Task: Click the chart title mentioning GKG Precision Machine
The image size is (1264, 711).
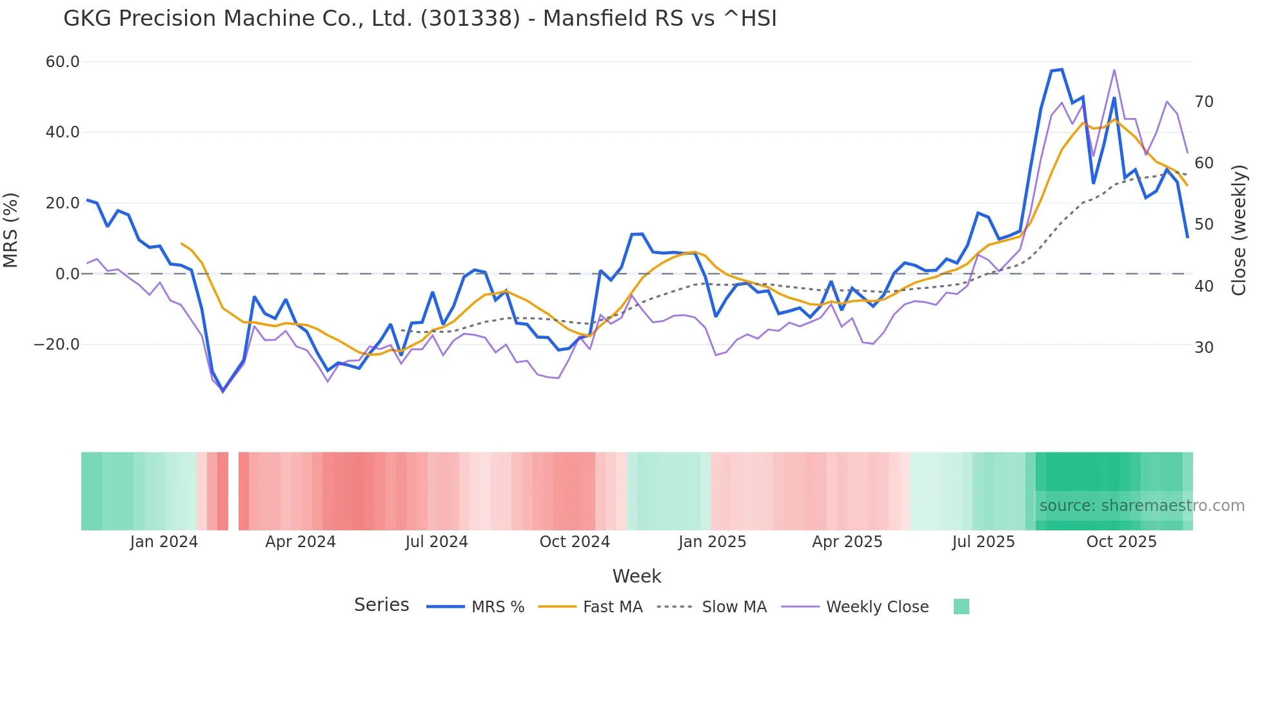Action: coord(420,19)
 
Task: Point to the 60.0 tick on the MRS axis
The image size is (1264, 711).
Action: coord(63,62)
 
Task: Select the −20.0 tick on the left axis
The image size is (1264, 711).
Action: coord(57,345)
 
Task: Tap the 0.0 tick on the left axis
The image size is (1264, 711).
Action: coord(68,274)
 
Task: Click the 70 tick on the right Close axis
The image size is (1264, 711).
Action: coord(1203,102)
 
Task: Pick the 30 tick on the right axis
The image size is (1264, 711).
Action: coord(1203,348)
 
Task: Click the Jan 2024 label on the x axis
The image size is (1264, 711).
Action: coord(164,542)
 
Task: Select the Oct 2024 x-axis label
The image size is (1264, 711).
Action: coord(574,542)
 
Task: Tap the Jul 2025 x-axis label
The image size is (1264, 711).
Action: coord(983,542)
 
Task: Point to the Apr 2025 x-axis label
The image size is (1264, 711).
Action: coord(847,542)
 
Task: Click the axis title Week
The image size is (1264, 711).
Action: coord(637,576)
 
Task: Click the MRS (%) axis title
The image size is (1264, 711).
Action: coord(11,230)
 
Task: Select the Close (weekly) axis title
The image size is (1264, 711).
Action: coord(1238,230)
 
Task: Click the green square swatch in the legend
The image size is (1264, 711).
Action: coord(961,606)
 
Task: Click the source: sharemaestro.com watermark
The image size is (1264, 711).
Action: coord(1141,506)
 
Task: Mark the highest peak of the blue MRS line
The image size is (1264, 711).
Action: coord(1062,70)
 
